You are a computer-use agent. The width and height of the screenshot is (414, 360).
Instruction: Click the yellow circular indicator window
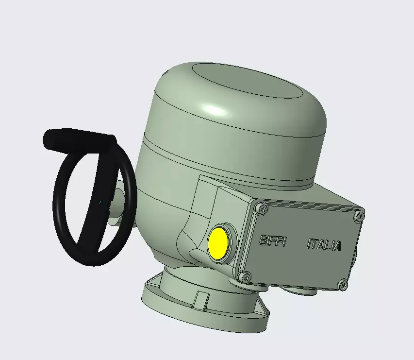tap(218, 242)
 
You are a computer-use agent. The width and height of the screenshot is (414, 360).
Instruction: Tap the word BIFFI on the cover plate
tap(274, 240)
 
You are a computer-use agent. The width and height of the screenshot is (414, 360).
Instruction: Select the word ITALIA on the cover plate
tap(324, 245)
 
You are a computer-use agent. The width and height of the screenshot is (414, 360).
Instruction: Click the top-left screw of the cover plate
tap(263, 209)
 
